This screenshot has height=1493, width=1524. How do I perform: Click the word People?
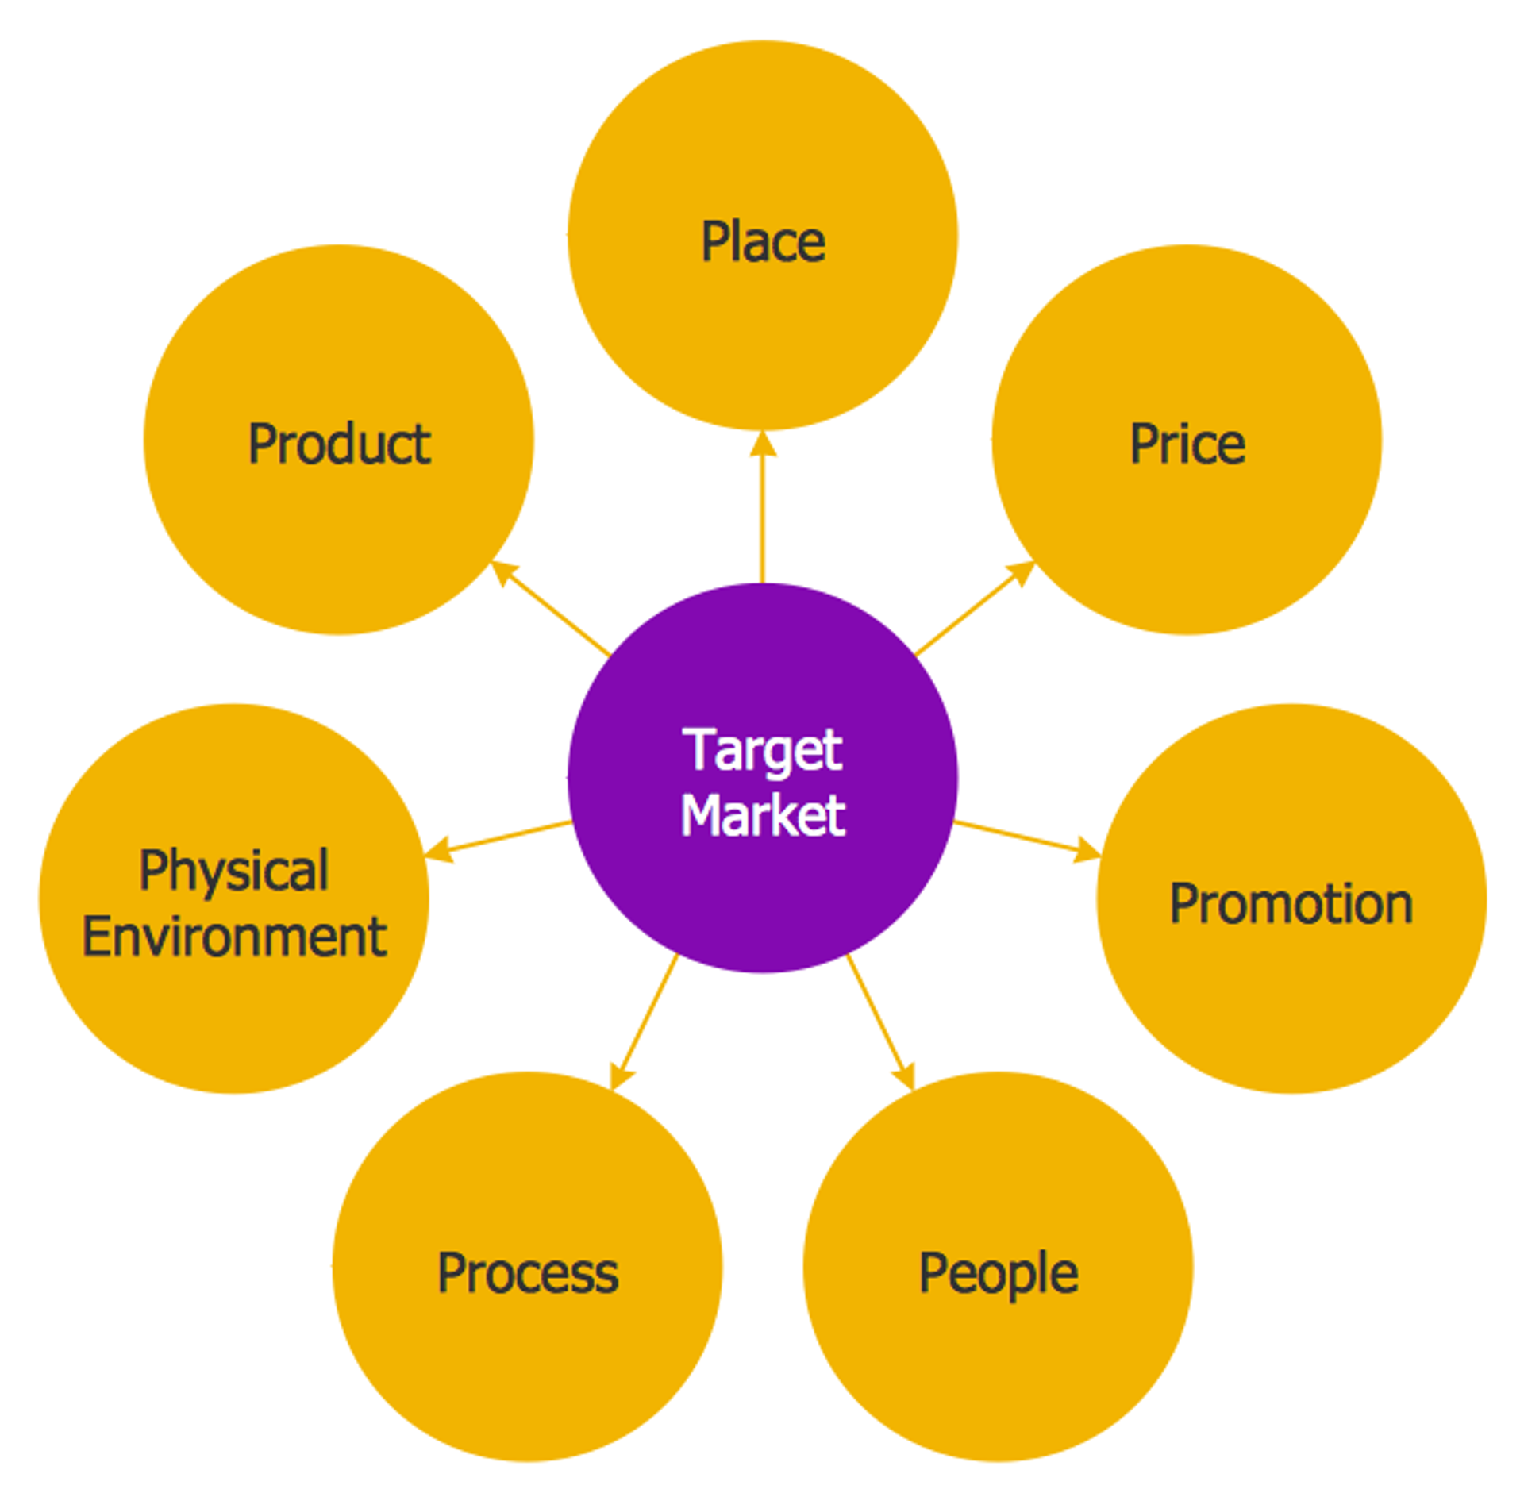(998, 1273)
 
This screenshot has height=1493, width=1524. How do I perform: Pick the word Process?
(527, 1273)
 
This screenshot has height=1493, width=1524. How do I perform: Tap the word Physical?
(233, 870)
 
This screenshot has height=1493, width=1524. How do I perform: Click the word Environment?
(234, 937)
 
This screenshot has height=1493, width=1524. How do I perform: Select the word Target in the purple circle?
(762, 749)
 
